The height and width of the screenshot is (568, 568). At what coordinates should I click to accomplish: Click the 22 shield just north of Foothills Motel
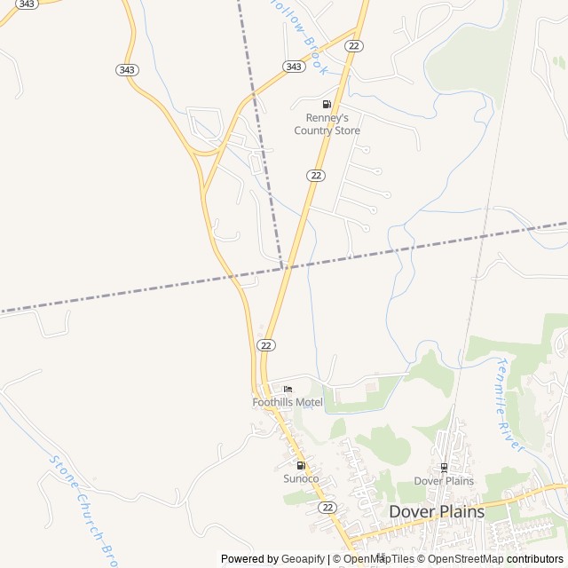tap(266, 344)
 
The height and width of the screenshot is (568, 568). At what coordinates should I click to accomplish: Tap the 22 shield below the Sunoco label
tap(328, 507)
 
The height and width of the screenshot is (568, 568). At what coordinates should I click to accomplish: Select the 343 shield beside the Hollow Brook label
tap(293, 67)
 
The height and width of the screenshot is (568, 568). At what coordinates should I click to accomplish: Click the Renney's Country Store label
tap(327, 124)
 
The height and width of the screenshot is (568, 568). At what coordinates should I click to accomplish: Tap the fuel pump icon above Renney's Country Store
tap(327, 105)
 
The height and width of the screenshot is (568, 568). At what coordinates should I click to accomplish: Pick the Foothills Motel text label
tap(288, 402)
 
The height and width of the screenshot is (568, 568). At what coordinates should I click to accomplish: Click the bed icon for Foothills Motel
tap(288, 390)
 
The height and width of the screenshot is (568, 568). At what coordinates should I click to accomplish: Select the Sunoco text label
tap(301, 478)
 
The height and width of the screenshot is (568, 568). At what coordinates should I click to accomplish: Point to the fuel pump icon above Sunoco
tap(301, 465)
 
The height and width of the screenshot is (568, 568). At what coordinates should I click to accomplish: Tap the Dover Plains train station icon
tap(444, 467)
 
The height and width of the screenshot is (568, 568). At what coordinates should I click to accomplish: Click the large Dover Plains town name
tap(437, 512)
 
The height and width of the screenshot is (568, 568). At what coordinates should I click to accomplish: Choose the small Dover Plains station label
tap(444, 481)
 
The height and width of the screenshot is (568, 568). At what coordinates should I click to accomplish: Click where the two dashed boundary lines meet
tap(282, 266)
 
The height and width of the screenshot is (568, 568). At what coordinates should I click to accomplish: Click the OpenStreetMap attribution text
tap(465, 559)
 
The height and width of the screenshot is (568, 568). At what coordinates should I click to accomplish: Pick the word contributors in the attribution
tap(535, 559)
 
